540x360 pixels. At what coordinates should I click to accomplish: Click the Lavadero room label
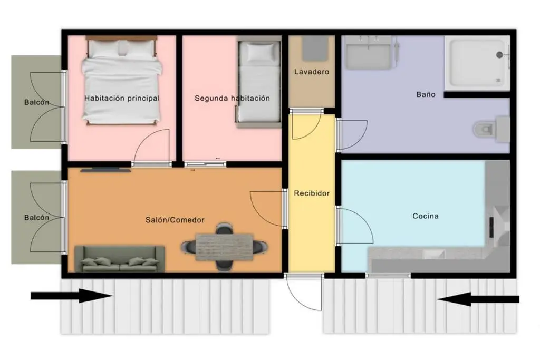(x=312, y=72)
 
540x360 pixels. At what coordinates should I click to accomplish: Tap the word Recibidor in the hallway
(x=312, y=193)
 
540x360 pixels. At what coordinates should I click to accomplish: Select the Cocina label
(x=426, y=216)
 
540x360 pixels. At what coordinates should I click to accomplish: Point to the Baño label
(x=426, y=94)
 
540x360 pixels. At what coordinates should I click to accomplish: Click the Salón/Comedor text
(x=175, y=220)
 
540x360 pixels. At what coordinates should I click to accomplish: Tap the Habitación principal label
(x=122, y=98)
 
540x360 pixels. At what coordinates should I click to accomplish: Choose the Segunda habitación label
(x=232, y=98)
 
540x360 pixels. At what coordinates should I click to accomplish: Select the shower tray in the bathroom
(x=477, y=63)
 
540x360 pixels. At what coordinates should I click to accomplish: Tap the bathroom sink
(x=369, y=53)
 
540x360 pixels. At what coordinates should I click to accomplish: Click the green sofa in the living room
(x=120, y=259)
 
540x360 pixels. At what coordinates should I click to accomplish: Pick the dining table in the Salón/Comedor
(x=224, y=247)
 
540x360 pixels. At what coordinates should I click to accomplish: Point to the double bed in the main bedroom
(x=121, y=81)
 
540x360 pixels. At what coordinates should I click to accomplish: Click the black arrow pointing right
(x=72, y=296)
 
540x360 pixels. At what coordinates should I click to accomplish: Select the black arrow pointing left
(x=478, y=299)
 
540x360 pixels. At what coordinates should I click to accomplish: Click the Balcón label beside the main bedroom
(x=36, y=102)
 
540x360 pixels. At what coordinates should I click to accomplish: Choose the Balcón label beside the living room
(x=36, y=218)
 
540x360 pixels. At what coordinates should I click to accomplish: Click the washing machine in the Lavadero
(x=315, y=49)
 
